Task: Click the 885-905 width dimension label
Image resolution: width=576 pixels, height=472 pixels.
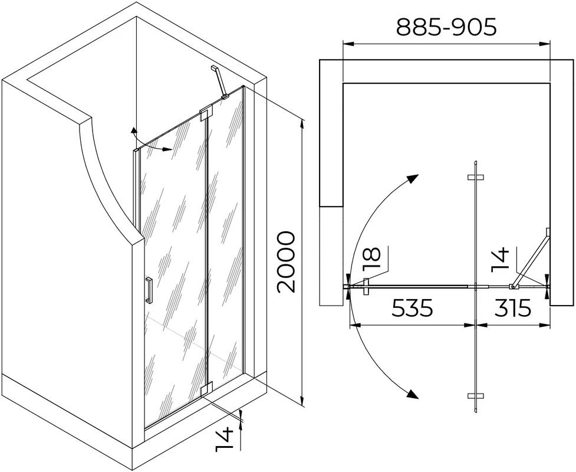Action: tap(446, 27)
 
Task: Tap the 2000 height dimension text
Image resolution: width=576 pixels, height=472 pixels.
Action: tap(286, 262)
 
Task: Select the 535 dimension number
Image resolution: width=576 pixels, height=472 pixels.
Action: tap(413, 308)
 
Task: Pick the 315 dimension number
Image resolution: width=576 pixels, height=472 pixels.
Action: tap(512, 308)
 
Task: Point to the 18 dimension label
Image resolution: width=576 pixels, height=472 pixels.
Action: tap(371, 259)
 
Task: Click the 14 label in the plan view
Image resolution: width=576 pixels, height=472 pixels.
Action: tap(500, 260)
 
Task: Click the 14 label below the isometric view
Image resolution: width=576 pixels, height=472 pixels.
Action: tap(224, 438)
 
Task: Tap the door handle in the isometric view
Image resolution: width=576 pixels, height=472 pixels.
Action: tap(149, 290)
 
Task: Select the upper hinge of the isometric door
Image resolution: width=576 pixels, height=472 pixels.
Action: tap(206, 114)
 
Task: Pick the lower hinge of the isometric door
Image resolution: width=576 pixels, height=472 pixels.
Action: tap(206, 389)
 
